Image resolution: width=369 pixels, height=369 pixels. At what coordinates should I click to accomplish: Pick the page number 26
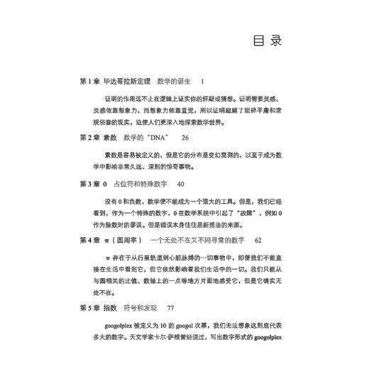tap(186, 136)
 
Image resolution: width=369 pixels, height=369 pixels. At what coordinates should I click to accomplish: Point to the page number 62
tap(259, 240)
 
